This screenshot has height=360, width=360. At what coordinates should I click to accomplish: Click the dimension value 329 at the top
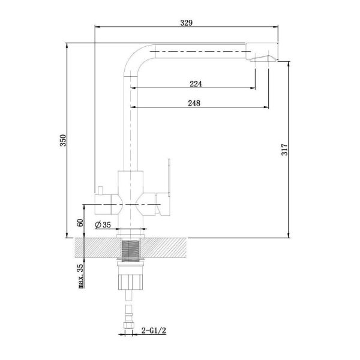click(x=186, y=23)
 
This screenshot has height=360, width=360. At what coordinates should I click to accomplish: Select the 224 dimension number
click(x=196, y=84)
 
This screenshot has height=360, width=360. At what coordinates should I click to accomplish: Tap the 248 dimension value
click(x=194, y=103)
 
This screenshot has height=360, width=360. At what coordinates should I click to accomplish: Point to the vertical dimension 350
click(x=63, y=140)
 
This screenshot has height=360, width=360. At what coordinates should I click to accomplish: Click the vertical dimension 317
click(x=284, y=149)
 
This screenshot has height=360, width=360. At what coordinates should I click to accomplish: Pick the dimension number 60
click(x=80, y=223)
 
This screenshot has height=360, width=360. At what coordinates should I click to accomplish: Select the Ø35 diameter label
click(x=103, y=225)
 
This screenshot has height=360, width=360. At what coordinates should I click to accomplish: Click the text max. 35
click(x=80, y=276)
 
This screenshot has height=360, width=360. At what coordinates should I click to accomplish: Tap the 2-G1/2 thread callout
click(x=154, y=331)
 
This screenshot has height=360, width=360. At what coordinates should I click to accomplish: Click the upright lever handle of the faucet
click(x=169, y=177)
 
